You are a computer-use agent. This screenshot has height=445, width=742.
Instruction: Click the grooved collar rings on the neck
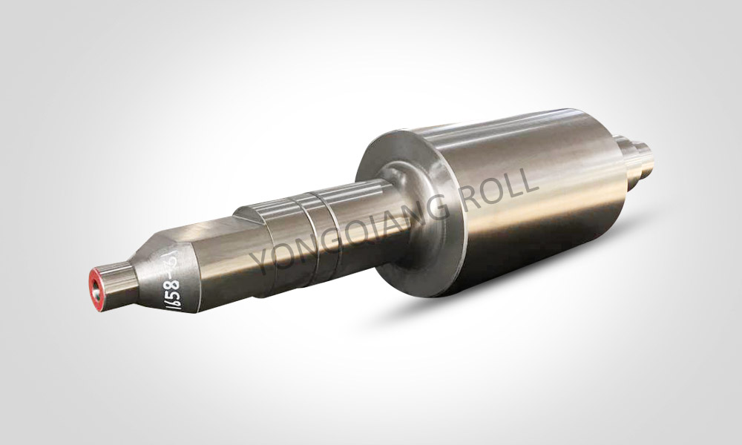[x=312, y=226]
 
